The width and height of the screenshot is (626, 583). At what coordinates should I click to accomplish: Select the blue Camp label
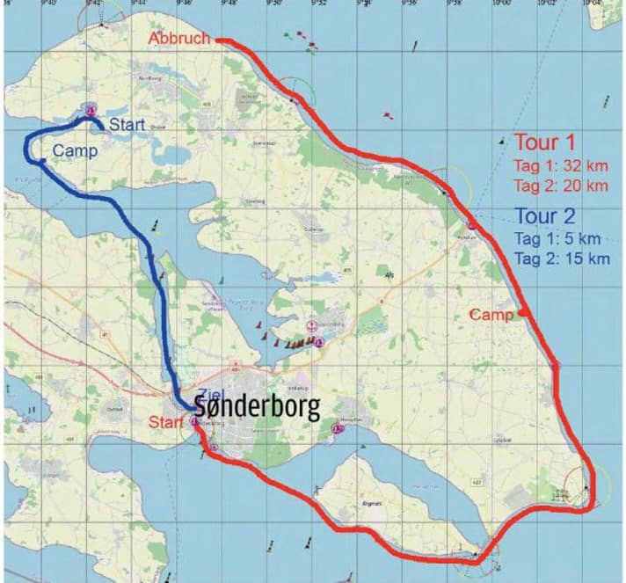point(75,150)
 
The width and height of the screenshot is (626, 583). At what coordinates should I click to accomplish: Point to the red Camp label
point(491,315)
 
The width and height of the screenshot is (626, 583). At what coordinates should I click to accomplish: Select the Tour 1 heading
point(544,142)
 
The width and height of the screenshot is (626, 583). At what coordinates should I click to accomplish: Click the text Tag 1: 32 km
point(560,165)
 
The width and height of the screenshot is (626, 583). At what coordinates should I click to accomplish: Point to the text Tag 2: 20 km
point(560,186)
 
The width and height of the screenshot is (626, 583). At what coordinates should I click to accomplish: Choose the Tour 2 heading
point(546,215)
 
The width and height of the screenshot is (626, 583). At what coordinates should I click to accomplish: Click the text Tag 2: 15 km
point(560,259)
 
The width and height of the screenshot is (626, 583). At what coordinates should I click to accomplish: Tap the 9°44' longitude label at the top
point(135,4)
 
